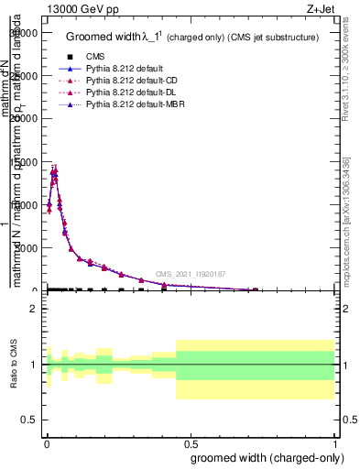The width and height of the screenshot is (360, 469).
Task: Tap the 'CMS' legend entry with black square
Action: click(x=96, y=57)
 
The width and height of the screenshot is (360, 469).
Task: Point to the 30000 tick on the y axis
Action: click(x=23, y=32)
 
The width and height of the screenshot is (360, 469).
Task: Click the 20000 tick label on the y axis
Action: click(x=23, y=118)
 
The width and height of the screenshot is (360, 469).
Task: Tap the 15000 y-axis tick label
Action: click(x=23, y=161)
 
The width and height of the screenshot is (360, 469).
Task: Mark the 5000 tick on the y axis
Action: click(x=26, y=247)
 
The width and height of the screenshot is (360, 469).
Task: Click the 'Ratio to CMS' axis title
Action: click(x=14, y=365)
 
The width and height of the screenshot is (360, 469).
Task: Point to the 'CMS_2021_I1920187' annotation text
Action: click(x=190, y=274)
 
